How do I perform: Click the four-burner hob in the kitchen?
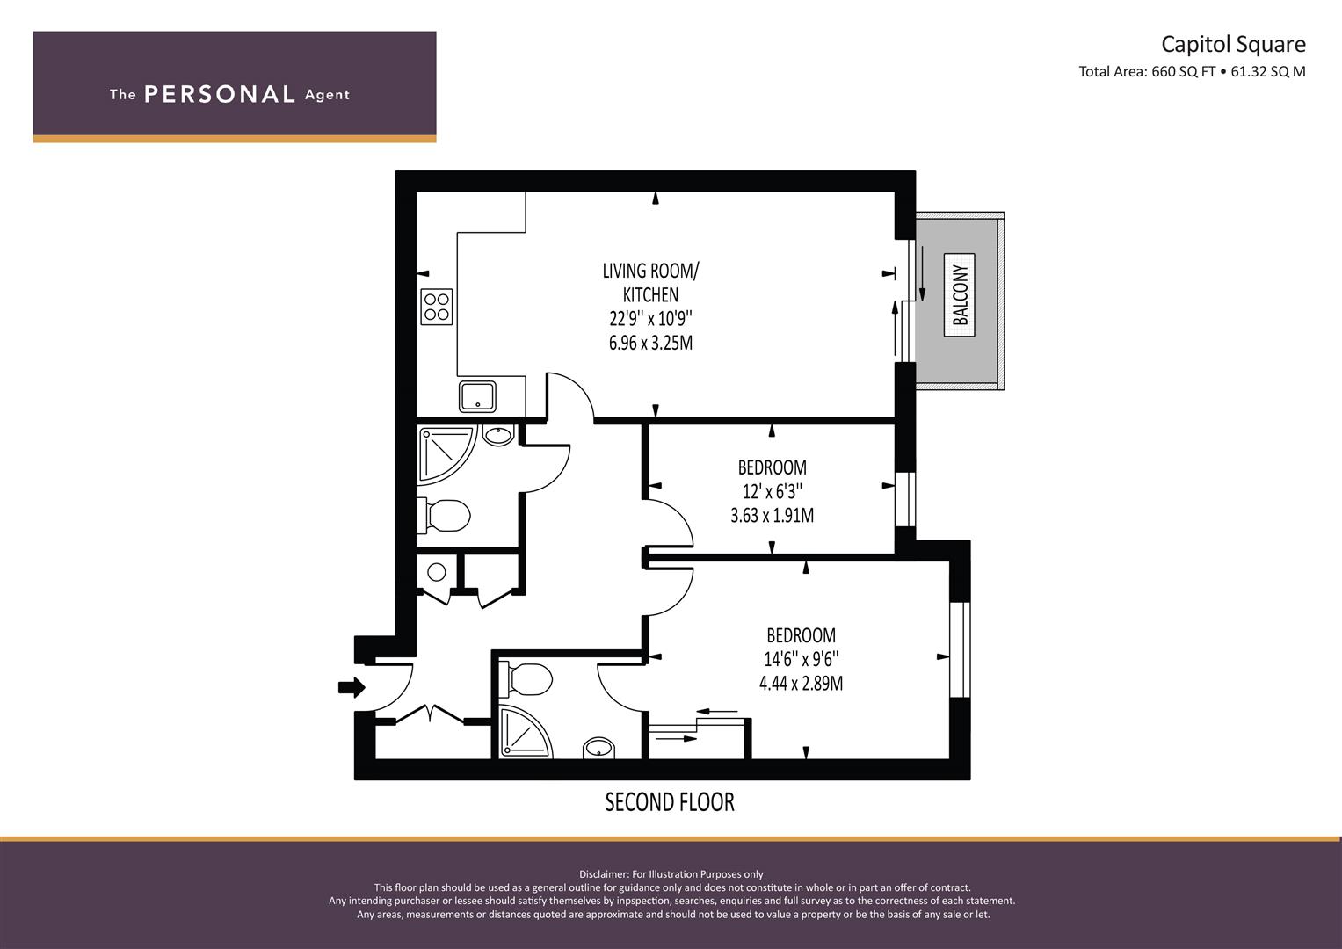[436, 307]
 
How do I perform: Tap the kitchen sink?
[477, 396]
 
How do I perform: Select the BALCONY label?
[959, 294]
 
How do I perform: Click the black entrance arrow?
[352, 686]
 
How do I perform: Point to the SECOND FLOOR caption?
[669, 802]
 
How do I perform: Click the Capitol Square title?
[1233, 44]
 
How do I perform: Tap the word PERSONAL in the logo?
[220, 94]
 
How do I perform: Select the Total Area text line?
[1192, 72]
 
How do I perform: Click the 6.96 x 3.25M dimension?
[650, 344]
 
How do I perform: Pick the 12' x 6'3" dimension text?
[772, 491]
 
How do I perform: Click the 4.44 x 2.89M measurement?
[801, 684]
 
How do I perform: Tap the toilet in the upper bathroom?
[444, 515]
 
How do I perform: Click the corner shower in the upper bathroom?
[447, 455]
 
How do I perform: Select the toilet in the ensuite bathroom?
[526, 679]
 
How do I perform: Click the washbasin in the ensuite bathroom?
[598, 748]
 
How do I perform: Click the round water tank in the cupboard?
[437, 572]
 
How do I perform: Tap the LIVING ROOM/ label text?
[650, 271]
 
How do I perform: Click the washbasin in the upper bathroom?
[498, 435]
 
